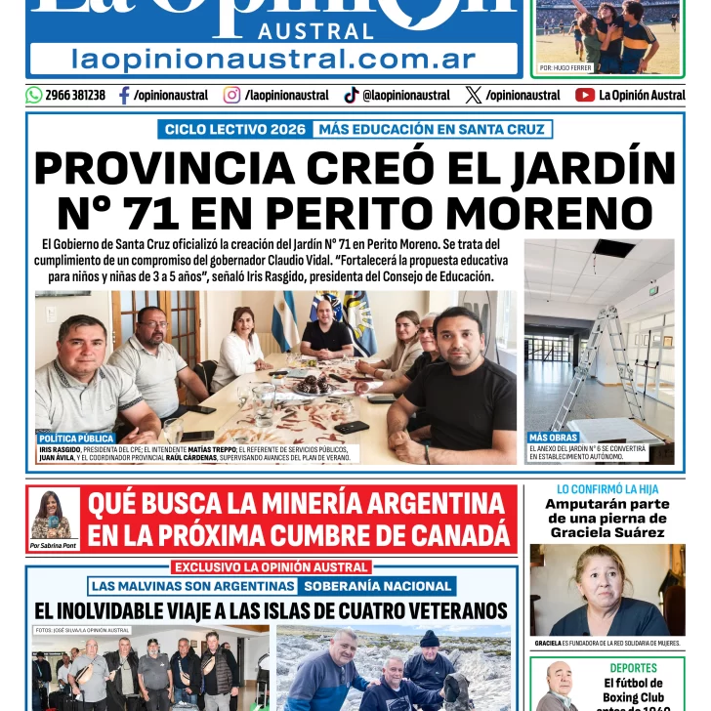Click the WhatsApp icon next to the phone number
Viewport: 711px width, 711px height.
(x=34, y=95)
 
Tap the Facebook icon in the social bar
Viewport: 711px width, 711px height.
(x=124, y=95)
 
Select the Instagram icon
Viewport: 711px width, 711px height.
(x=231, y=95)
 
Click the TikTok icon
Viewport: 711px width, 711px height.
(x=351, y=95)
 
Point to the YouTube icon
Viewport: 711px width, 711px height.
(x=585, y=95)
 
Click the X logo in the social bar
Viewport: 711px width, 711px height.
(x=474, y=95)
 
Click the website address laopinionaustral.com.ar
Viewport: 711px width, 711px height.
(x=273, y=59)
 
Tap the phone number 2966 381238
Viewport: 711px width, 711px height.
(x=75, y=95)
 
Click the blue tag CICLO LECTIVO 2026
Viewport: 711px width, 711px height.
(x=234, y=129)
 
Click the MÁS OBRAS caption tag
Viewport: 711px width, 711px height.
(x=554, y=437)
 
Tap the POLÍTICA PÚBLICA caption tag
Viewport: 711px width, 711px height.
(x=77, y=439)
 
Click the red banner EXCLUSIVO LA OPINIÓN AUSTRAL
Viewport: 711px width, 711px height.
(x=272, y=566)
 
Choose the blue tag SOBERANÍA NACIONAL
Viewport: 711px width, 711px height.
(x=377, y=586)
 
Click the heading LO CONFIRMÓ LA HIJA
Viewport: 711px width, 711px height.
(x=606, y=488)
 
